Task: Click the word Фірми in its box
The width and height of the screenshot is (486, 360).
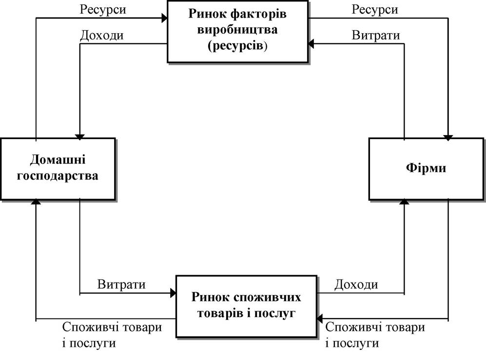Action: tap(426, 168)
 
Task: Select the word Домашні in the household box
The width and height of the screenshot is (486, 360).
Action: tap(58, 160)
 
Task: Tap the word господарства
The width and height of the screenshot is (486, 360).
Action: tap(58, 176)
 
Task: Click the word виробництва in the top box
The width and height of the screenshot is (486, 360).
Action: tap(237, 30)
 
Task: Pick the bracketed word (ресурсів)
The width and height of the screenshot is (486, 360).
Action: tap(237, 46)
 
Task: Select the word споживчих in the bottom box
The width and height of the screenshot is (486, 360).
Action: tap(267, 297)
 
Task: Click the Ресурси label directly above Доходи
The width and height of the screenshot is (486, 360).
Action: tap(103, 10)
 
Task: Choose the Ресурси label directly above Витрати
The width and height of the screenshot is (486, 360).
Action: tap(375, 10)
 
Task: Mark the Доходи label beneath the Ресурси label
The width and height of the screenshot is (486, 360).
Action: tap(102, 36)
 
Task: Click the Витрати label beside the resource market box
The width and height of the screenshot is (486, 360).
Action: tap(376, 35)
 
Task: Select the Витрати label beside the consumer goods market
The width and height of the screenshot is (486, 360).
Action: tap(121, 284)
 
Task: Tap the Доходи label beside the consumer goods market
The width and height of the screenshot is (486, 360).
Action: tap(356, 284)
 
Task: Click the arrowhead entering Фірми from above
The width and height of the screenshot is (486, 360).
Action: tap(448, 138)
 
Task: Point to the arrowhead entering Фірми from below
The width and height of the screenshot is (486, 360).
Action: tap(404, 202)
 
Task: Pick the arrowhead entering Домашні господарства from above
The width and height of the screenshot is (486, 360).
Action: tap(80, 138)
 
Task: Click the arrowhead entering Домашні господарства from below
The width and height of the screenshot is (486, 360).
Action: tap(36, 202)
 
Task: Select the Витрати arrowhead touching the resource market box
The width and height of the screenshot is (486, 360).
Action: tap(311, 44)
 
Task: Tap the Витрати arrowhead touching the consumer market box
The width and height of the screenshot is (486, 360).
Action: tap(173, 293)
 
